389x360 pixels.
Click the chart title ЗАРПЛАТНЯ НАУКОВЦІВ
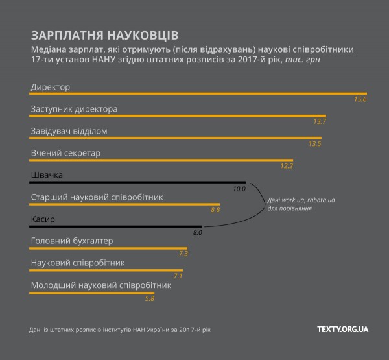(104, 34)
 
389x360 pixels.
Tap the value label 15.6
(360, 100)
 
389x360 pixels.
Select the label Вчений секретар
(65, 153)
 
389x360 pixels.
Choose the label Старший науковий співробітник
(96, 197)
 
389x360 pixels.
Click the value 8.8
(215, 210)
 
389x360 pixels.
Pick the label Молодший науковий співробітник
(100, 285)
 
